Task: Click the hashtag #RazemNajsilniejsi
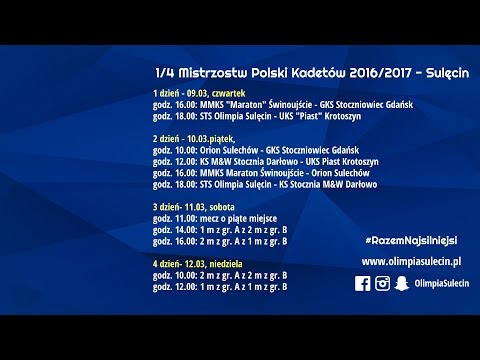411,241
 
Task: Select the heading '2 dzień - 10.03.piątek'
190,137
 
